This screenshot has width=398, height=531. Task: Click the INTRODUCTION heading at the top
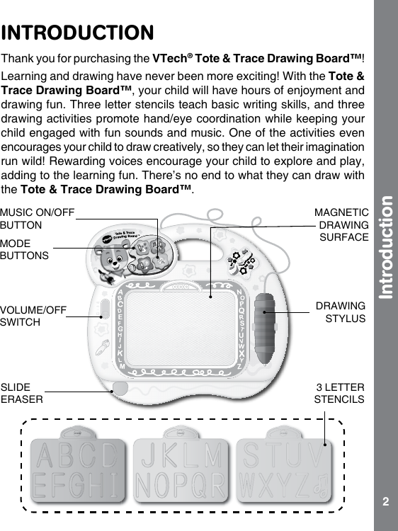coord(78,33)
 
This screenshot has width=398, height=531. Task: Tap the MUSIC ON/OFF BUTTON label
coord(37,218)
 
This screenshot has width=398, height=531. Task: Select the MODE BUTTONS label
coord(25,249)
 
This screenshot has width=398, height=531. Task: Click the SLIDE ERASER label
coord(21,393)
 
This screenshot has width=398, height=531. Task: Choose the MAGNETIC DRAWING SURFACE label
coord(342,224)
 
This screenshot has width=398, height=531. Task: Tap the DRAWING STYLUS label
coord(341,312)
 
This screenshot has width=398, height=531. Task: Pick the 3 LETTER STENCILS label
coord(339,394)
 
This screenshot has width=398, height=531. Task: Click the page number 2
coord(385,502)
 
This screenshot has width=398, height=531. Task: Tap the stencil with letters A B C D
coord(79,469)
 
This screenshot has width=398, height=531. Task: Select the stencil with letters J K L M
coord(181,469)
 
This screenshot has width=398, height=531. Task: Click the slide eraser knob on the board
coord(119,389)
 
